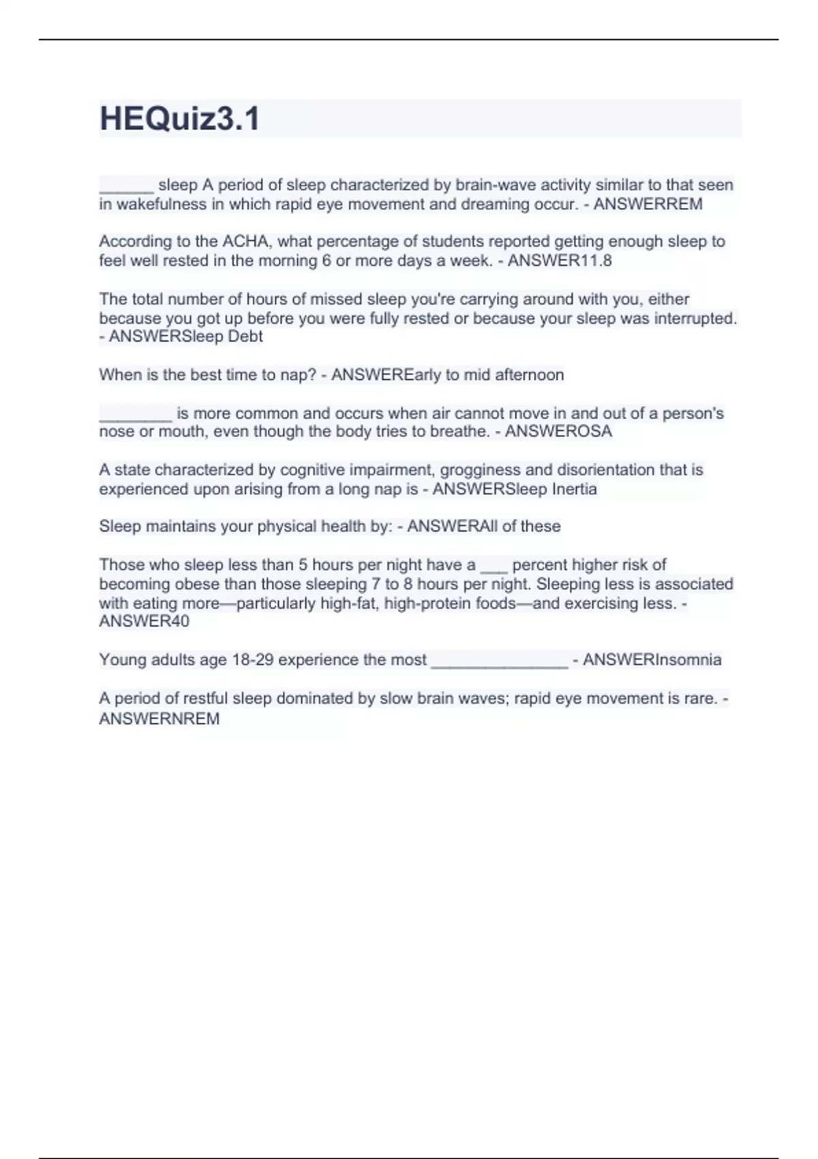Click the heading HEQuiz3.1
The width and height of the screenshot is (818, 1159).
tap(179, 119)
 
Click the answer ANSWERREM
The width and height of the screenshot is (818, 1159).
tap(648, 204)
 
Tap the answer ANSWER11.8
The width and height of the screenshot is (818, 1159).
tap(560, 260)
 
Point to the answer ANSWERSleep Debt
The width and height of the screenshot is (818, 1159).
tap(185, 336)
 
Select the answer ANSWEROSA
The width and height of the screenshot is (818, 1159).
tap(558, 432)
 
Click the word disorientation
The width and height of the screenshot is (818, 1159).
tap(588, 470)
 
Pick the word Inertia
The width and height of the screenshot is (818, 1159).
tap(574, 489)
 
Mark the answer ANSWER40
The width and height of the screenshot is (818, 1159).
tap(144, 621)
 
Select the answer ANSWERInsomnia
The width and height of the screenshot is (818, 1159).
tap(652, 660)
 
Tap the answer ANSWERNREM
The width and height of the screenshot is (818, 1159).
tap(159, 719)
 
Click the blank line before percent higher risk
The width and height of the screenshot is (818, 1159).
tap(494, 566)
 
